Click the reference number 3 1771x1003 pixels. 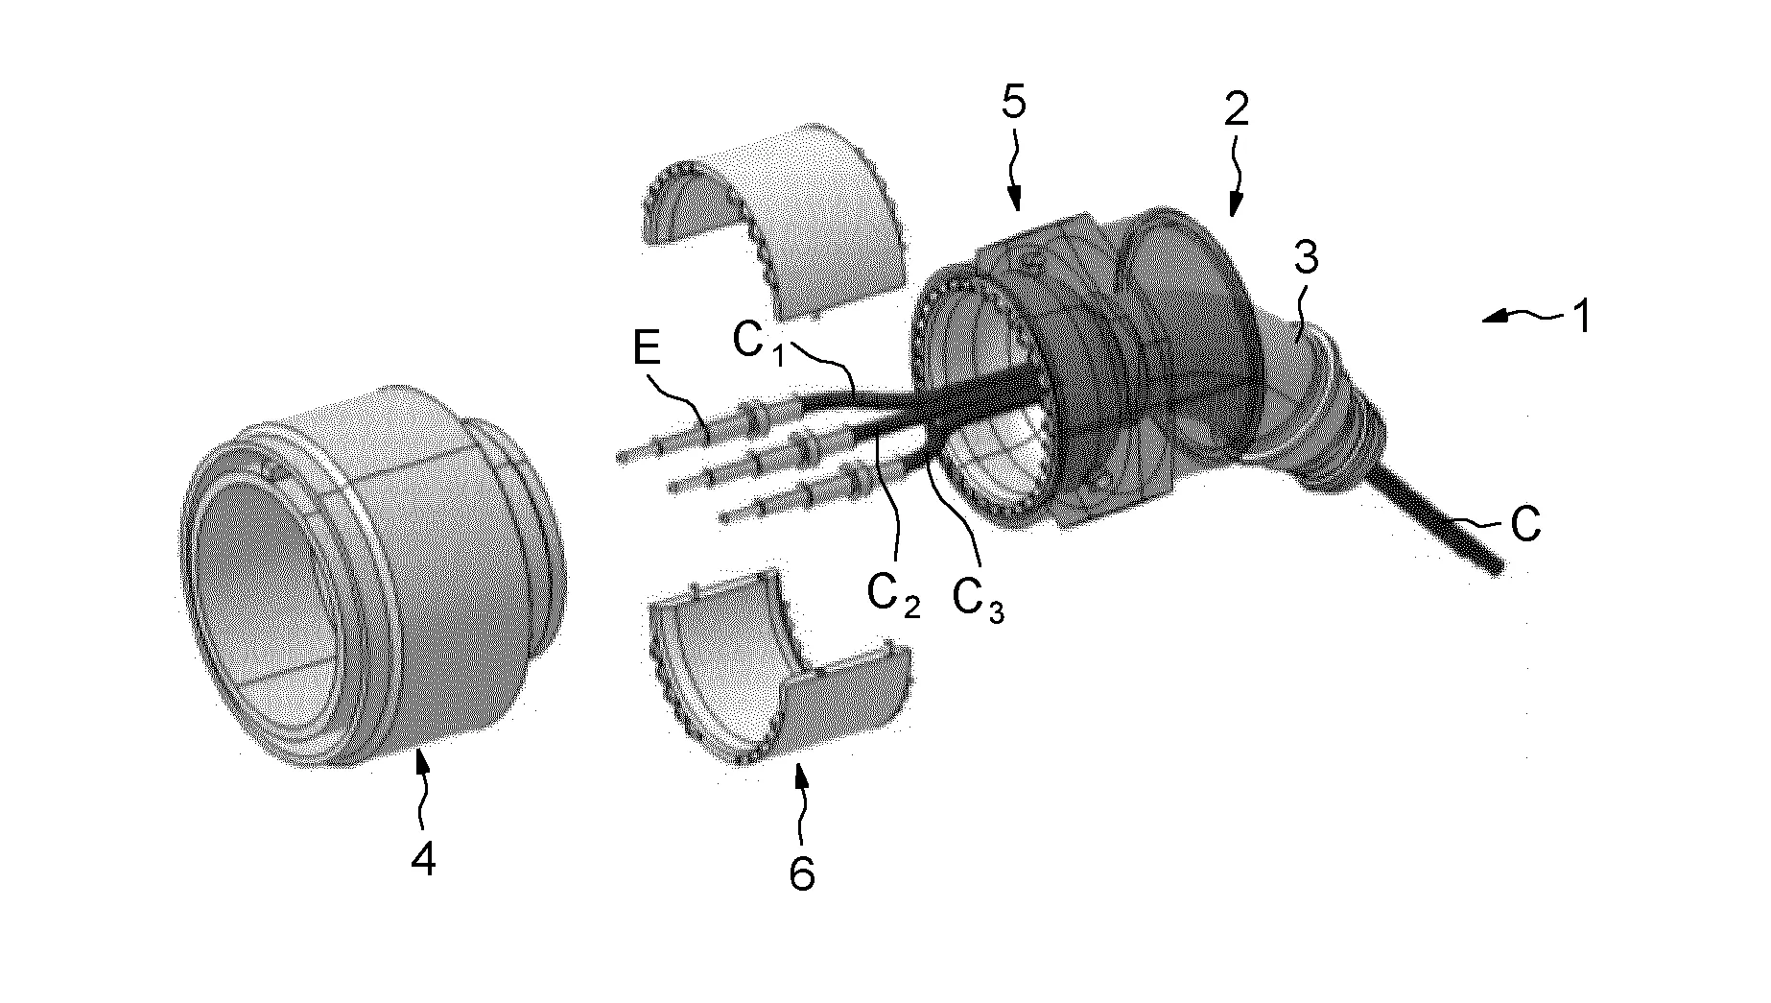pyautogui.click(x=1306, y=258)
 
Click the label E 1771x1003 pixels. pyautogui.click(x=648, y=348)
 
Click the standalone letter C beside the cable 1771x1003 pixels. pyautogui.click(x=1524, y=525)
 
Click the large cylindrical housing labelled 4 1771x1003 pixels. pyautogui.click(x=374, y=576)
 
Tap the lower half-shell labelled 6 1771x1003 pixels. pyautogui.click(x=767, y=672)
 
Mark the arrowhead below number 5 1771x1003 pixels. pyautogui.click(x=1018, y=203)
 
